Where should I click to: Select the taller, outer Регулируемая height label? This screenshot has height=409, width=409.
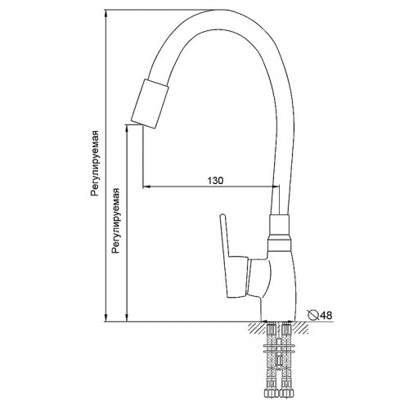96,163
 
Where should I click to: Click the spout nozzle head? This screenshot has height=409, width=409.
152,101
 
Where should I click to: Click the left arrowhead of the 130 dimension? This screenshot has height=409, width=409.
148,187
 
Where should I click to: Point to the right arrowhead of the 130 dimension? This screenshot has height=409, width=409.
276,187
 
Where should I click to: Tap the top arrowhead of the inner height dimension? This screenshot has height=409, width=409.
128,127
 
